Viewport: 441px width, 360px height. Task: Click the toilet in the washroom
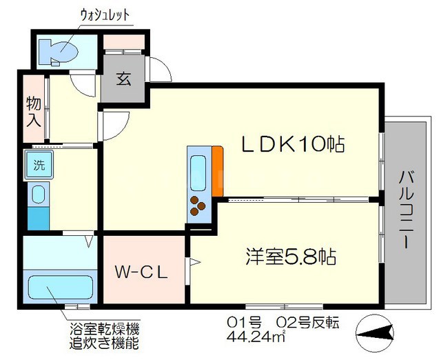(58, 51)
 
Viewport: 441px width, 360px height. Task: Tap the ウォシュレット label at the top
(105, 15)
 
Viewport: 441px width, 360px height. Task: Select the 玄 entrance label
(124, 79)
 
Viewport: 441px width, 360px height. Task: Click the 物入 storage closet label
(34, 112)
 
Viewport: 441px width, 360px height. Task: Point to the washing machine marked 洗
(39, 165)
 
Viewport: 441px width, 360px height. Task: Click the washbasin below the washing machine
(39, 194)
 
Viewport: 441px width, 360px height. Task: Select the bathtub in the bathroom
(61, 288)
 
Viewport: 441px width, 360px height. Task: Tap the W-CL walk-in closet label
(141, 272)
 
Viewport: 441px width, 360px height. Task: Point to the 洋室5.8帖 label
(291, 256)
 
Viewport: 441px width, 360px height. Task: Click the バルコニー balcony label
(407, 210)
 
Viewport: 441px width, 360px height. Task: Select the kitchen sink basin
(198, 173)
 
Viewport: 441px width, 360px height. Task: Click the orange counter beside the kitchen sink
(218, 171)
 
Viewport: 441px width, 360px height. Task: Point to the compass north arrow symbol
(374, 333)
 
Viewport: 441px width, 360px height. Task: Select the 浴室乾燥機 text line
(104, 328)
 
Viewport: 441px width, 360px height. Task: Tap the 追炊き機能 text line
(104, 343)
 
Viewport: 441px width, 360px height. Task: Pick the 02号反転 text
(308, 323)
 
